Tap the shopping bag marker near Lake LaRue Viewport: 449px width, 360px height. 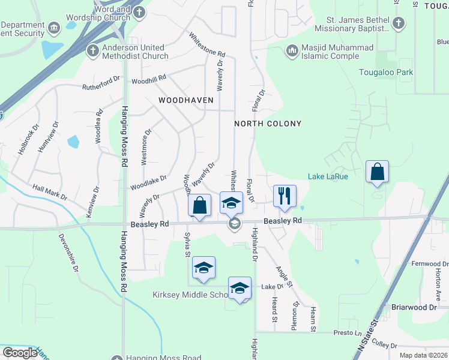click(x=378, y=172)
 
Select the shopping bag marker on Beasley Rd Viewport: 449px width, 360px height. click(x=200, y=205)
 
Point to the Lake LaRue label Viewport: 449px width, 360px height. click(x=328, y=176)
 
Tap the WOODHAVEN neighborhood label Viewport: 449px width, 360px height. click(x=185, y=100)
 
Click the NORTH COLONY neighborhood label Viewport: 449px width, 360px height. click(x=267, y=124)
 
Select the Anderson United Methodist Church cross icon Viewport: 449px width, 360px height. click(x=93, y=50)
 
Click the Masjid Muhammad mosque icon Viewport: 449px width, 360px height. click(x=292, y=50)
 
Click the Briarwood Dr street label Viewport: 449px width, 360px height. click(x=414, y=307)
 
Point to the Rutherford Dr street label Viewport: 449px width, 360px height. click(x=101, y=83)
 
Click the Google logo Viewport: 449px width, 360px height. click(x=20, y=353)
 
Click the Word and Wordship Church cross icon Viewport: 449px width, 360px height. click(x=138, y=11)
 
